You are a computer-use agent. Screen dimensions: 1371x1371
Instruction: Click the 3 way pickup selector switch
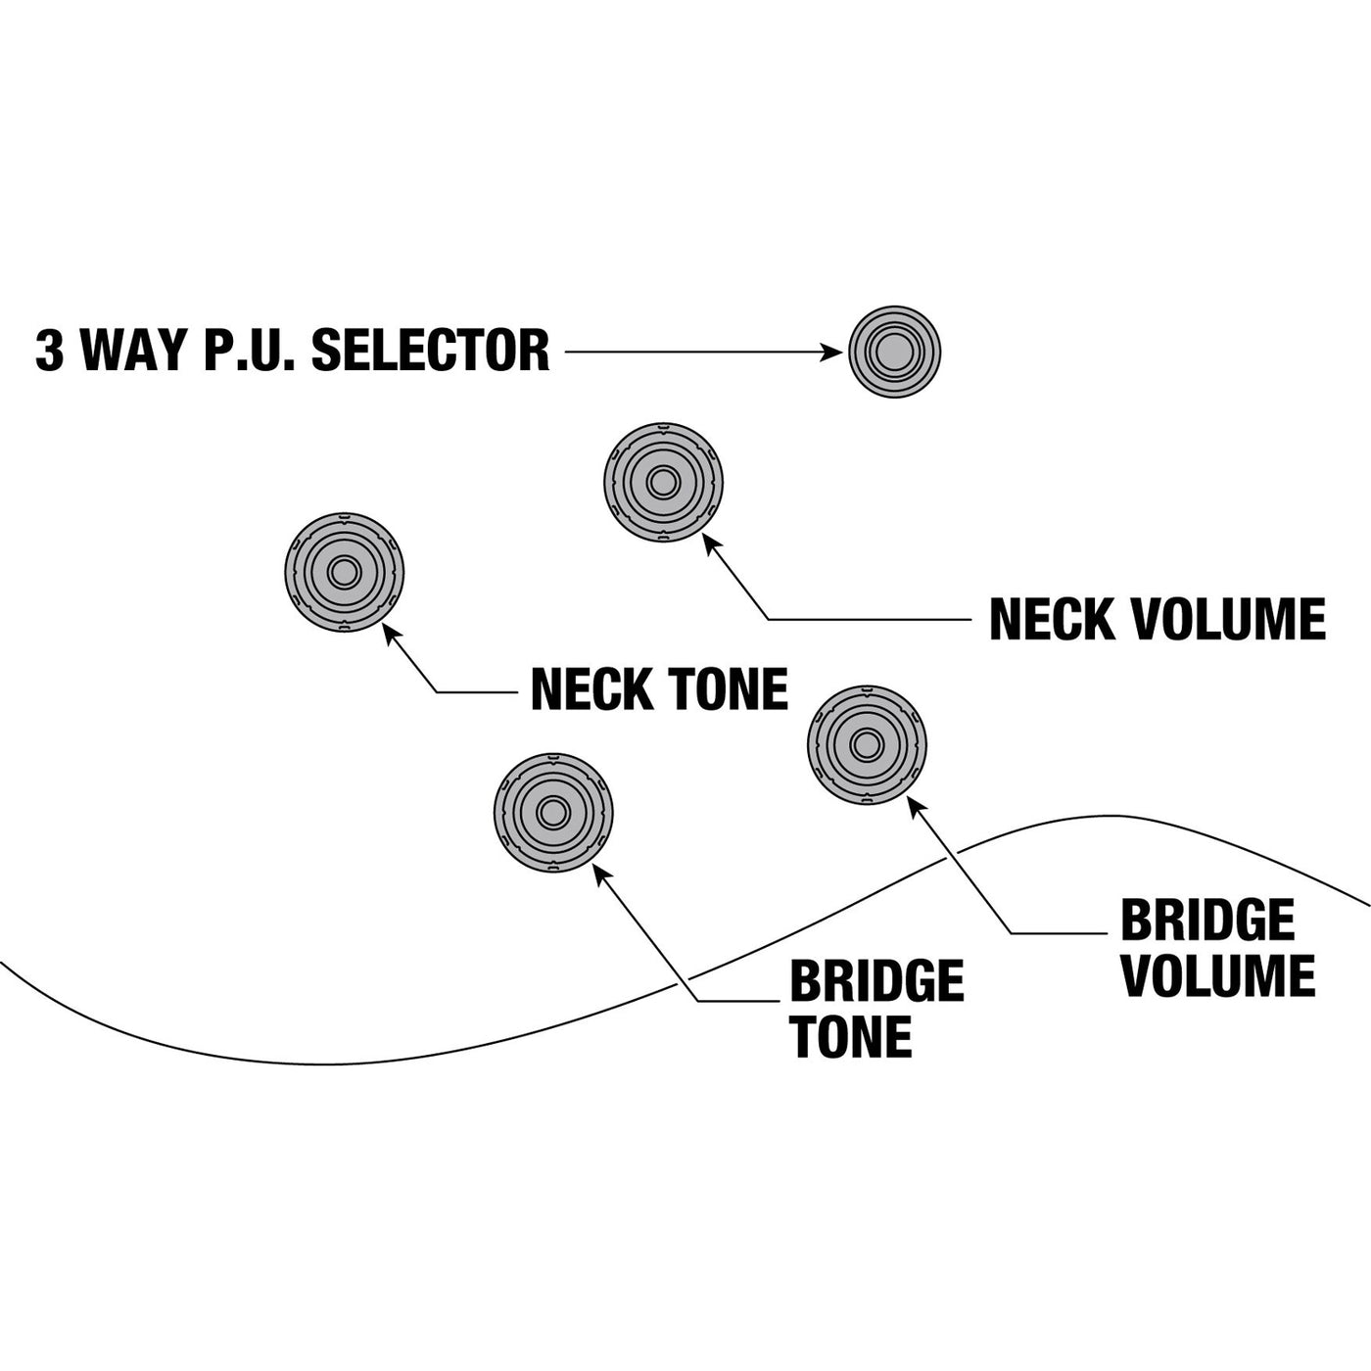click(894, 352)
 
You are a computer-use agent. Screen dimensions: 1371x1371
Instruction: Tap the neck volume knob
click(663, 483)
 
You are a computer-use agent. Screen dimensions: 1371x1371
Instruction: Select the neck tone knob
click(344, 572)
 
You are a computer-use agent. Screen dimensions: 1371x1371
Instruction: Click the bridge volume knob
click(867, 745)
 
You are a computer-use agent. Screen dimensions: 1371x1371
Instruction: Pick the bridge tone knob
click(553, 813)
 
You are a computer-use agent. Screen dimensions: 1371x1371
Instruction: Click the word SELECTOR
click(431, 351)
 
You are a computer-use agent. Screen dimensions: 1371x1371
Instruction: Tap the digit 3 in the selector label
click(49, 351)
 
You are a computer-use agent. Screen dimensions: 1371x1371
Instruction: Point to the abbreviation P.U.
click(249, 351)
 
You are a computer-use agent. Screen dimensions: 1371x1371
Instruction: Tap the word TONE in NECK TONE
click(728, 689)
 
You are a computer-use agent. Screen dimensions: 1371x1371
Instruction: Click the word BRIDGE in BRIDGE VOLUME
click(1206, 921)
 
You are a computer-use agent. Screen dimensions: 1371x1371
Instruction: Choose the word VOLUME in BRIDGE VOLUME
click(1217, 976)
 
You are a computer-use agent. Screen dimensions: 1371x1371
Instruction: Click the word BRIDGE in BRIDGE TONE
click(876, 981)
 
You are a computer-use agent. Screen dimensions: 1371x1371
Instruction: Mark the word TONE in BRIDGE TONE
click(851, 1037)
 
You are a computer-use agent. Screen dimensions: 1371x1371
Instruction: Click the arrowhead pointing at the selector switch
click(831, 352)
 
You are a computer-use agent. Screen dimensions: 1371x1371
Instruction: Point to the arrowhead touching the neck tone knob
click(391, 632)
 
